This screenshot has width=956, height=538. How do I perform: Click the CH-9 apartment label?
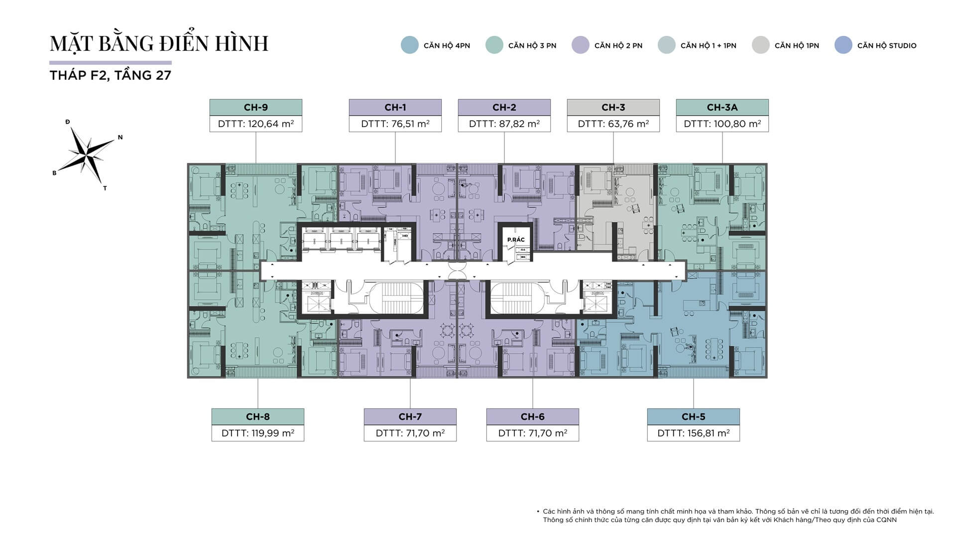tap(255, 107)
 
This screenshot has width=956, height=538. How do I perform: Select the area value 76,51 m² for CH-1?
tap(395, 124)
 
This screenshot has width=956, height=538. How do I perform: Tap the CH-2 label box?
tap(504, 107)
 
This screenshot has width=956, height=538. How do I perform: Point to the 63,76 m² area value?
tap(613, 124)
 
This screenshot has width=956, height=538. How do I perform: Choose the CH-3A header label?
tap(722, 107)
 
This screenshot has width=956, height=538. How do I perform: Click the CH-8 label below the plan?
tap(257, 416)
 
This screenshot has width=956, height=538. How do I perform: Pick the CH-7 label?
tap(410, 416)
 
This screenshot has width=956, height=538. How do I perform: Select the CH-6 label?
tap(532, 416)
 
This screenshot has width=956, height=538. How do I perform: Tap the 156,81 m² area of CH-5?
tap(693, 433)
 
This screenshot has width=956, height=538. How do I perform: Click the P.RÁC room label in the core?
tap(516, 240)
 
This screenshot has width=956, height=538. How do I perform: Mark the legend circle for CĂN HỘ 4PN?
tap(410, 45)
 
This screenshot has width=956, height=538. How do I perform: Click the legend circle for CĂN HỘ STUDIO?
tap(843, 45)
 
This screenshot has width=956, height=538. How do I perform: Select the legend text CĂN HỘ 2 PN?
tap(618, 45)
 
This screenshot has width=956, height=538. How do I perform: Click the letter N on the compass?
tap(120, 137)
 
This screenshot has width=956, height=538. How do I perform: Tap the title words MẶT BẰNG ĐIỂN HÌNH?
tap(159, 43)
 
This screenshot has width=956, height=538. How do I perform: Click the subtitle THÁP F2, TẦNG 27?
tap(111, 75)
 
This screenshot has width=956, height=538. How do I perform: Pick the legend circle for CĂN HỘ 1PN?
tap(760, 45)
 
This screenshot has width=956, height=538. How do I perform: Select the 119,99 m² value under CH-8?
tap(257, 433)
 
